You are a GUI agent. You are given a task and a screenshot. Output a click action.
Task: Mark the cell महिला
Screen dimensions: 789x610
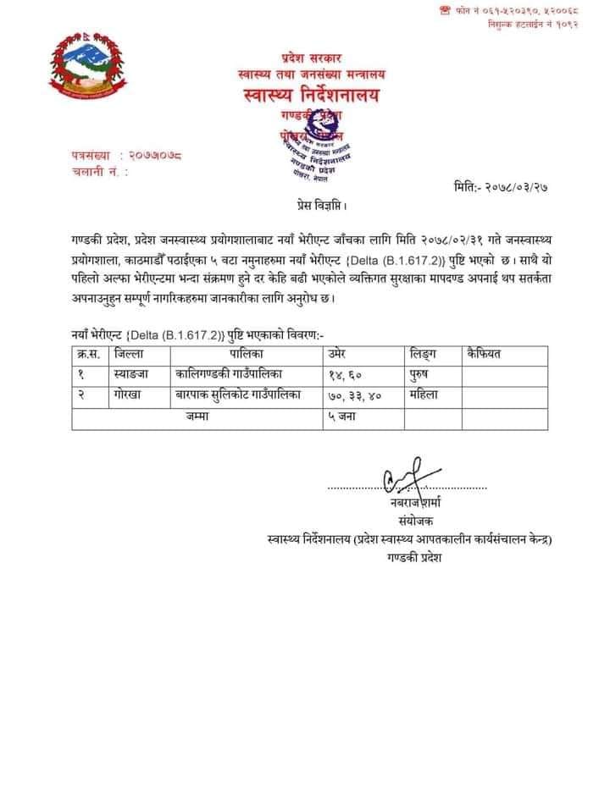[x=426, y=395]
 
